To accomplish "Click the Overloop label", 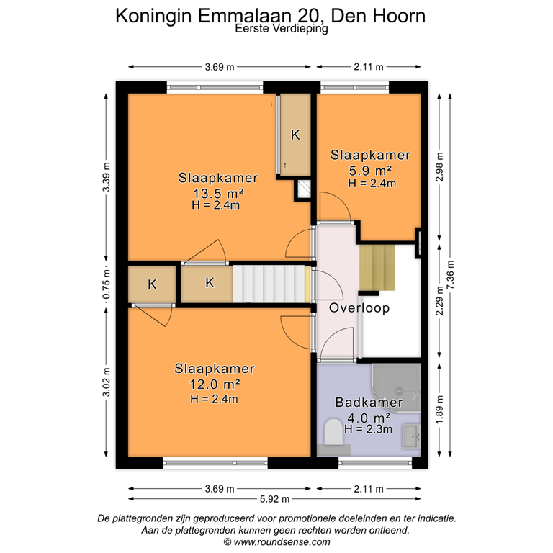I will (x=359, y=308).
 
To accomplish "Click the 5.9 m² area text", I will (x=370, y=171).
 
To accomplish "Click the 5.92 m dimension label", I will (x=276, y=499).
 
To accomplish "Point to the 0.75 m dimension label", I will (x=106, y=284).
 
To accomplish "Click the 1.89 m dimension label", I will (x=438, y=411).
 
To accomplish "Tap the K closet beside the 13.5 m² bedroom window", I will (x=295, y=135).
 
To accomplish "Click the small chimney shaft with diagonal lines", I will (x=304, y=190).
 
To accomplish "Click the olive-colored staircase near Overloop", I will (x=377, y=266).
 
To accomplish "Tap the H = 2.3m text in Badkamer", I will (x=368, y=428).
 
